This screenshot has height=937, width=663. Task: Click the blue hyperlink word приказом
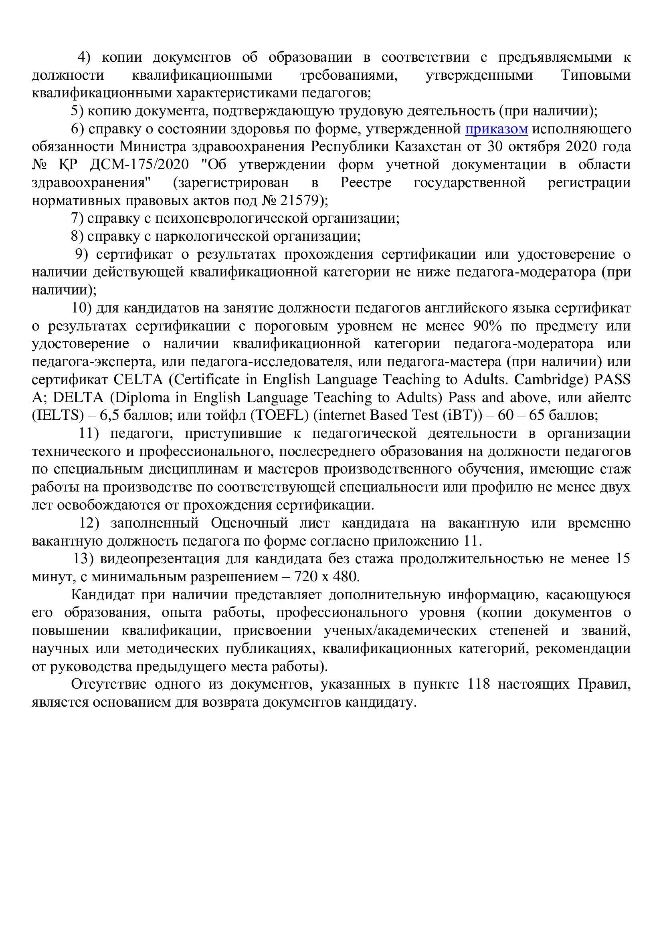(x=496, y=129)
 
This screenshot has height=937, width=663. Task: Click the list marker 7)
(x=78, y=219)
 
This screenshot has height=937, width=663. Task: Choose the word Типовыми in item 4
(x=596, y=75)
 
